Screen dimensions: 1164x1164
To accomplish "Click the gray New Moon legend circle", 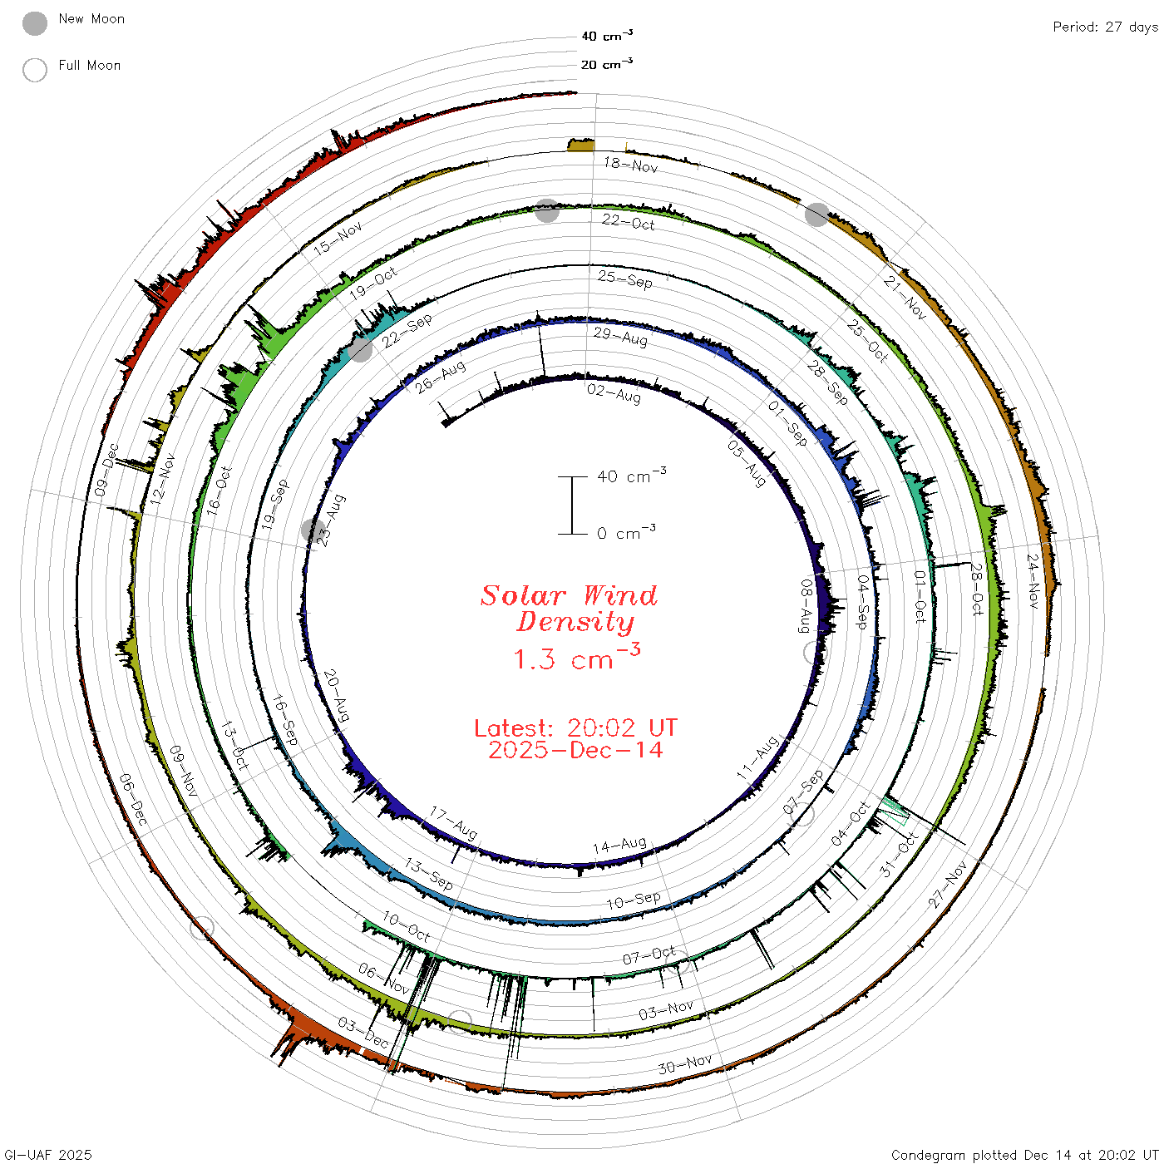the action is click(34, 23).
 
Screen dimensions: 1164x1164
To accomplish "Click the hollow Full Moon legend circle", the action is click(34, 70).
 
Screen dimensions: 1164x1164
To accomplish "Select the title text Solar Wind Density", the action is click(569, 609).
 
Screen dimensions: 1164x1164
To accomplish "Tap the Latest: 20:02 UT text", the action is click(575, 727).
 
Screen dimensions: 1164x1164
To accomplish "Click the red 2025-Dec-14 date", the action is click(575, 750).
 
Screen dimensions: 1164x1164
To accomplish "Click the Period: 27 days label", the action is click(1105, 27).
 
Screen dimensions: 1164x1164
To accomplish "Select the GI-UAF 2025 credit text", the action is click(47, 1154).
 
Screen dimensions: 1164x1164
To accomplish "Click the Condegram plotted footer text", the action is click(1024, 1154).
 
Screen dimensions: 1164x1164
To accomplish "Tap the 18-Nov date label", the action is click(630, 165).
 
